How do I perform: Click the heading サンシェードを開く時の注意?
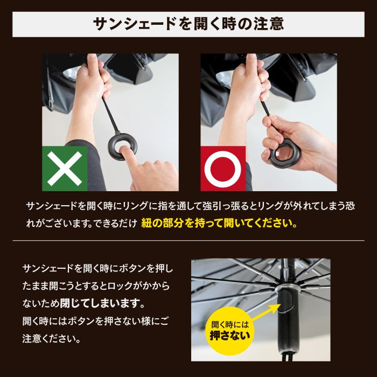(188, 24)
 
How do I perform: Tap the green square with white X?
(65, 168)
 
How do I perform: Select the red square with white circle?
(223, 168)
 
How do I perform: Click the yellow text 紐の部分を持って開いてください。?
(219, 223)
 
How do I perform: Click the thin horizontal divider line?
(188, 240)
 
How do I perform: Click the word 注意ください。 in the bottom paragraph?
(52, 339)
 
